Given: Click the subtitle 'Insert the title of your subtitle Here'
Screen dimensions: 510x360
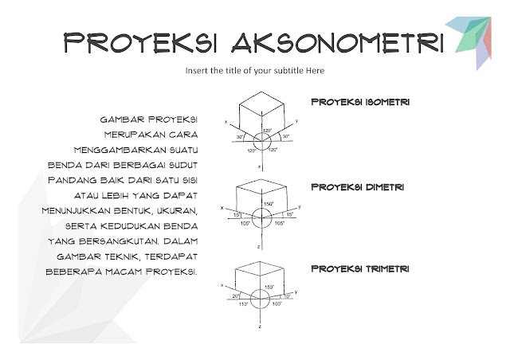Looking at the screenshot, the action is click(254, 71).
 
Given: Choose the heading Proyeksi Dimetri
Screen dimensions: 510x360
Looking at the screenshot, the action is click(356, 186).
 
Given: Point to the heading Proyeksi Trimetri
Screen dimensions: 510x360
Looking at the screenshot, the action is click(359, 269).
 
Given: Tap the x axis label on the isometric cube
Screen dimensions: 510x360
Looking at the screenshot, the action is click(226, 123).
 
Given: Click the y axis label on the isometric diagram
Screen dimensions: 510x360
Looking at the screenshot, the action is click(296, 120).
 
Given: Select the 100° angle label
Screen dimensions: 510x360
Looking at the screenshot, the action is click(277, 303).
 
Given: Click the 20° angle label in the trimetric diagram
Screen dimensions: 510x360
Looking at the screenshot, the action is click(236, 295).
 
